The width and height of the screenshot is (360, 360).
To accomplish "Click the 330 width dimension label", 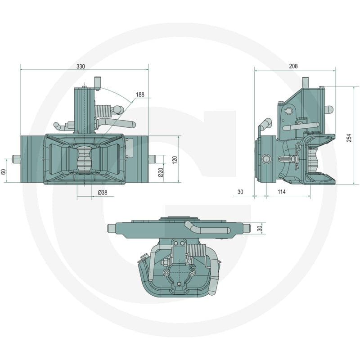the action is click(81, 67).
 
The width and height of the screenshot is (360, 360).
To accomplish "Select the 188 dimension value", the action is click(140, 94).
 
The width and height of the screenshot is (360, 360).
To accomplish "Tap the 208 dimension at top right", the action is click(293, 66).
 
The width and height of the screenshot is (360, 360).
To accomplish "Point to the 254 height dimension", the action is click(349, 138).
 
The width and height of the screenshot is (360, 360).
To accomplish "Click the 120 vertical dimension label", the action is click(175, 160).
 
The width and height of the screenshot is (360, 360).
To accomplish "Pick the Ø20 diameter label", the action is click(161, 172).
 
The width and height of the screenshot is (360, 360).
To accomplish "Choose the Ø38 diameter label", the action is click(103, 193).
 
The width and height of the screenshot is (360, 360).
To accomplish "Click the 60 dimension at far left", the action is click(4, 172).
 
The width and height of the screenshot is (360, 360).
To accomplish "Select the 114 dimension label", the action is click(282, 192).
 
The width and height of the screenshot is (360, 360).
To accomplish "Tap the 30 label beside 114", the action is click(240, 192).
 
